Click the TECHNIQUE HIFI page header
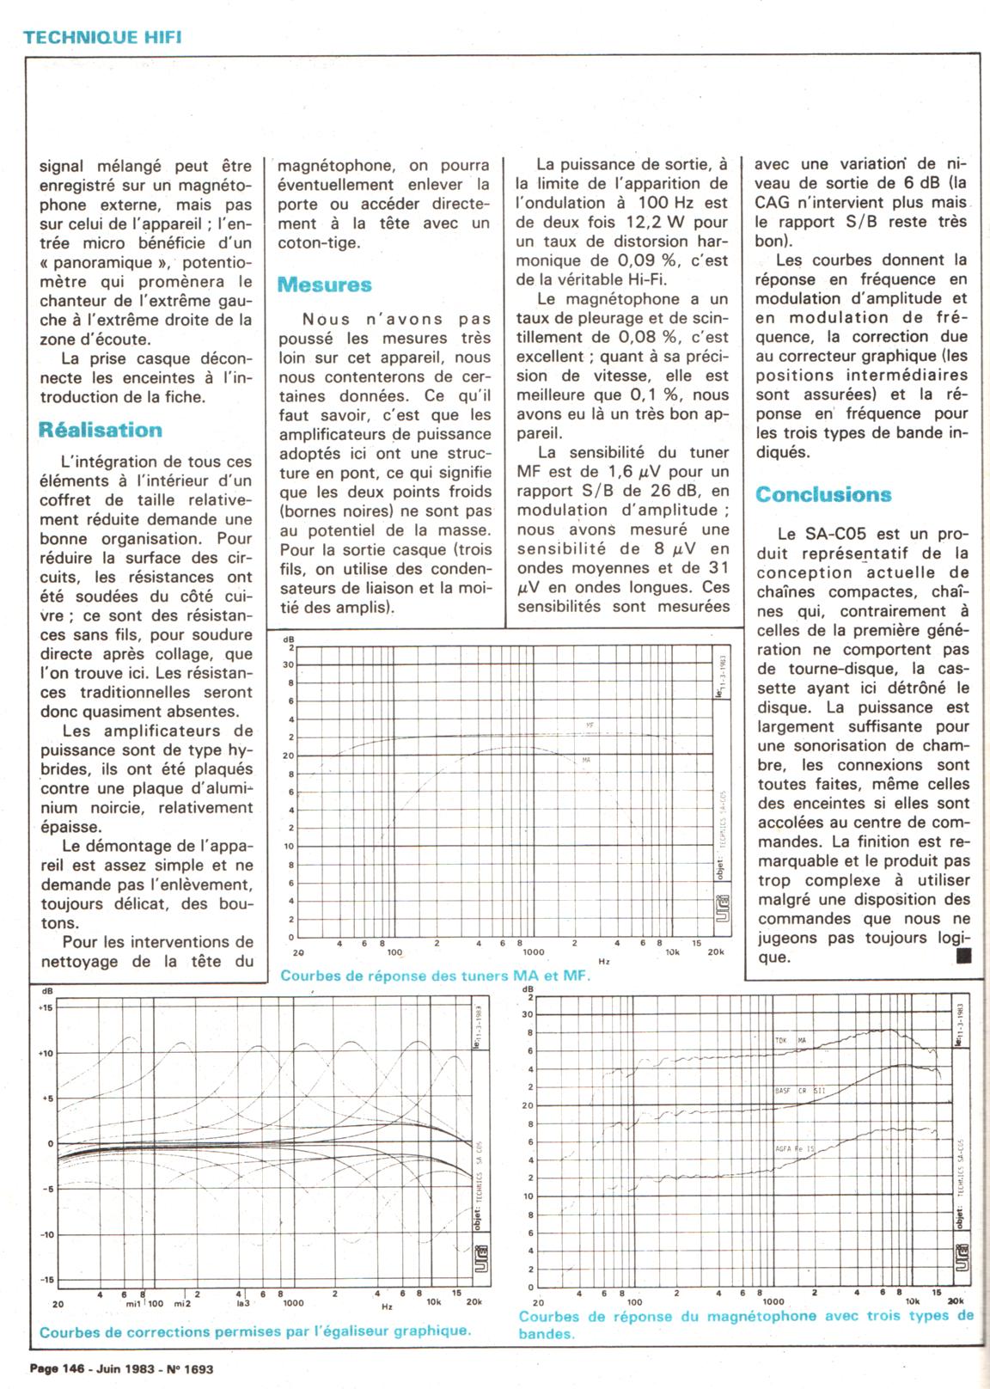[x=102, y=36]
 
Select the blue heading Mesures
[x=325, y=285]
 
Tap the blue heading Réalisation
[x=101, y=430]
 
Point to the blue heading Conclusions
[x=823, y=494]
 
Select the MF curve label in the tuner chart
[x=590, y=725]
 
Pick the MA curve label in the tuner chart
[x=586, y=760]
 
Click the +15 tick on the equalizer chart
[x=46, y=1007]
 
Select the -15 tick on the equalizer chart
[x=46, y=1280]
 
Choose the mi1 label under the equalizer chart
[x=133, y=1304]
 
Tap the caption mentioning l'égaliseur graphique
[x=255, y=1331]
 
